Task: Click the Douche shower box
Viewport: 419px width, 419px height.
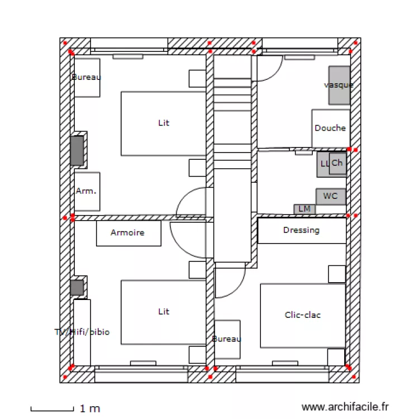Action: (x=330, y=128)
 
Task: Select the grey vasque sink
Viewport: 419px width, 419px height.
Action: (x=339, y=85)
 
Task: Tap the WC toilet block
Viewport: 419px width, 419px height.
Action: (x=331, y=197)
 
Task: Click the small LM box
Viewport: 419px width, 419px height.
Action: (x=304, y=209)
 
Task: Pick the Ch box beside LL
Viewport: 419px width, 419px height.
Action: (x=337, y=164)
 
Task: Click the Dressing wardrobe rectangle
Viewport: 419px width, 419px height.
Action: (x=302, y=230)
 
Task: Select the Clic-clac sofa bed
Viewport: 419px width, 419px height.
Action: (x=302, y=315)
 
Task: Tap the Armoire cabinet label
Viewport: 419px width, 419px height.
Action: (x=128, y=233)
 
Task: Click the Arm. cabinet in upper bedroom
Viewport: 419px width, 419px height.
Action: (x=87, y=191)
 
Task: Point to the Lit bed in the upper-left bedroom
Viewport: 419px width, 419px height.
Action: (x=163, y=123)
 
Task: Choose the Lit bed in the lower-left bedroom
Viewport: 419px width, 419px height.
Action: (x=163, y=312)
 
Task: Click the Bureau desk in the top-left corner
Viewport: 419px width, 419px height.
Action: (x=87, y=77)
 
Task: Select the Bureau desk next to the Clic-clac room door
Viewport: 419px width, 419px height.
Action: (x=227, y=339)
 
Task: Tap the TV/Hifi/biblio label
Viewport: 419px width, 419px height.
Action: (x=82, y=332)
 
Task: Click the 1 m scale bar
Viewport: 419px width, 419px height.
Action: (x=52, y=410)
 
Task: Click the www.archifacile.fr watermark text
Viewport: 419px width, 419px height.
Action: (x=345, y=408)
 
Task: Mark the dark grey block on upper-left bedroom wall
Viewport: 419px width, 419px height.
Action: (x=77, y=150)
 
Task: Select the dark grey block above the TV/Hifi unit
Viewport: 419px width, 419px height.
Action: (x=77, y=288)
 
